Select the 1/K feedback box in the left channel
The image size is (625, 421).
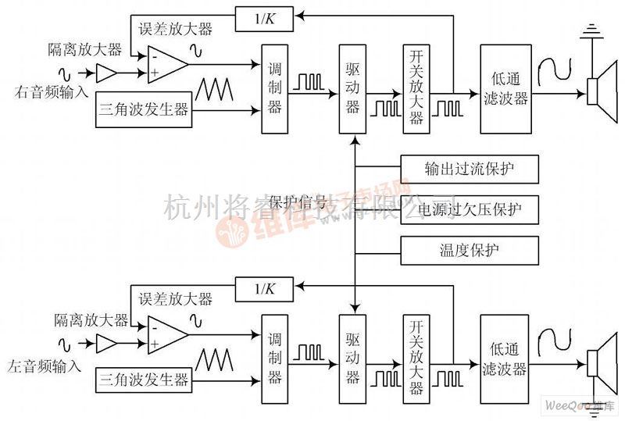coord(263,288)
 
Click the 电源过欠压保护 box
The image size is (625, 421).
coord(470,209)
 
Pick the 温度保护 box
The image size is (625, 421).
coord(470,250)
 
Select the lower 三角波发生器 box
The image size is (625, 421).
coord(144,380)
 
